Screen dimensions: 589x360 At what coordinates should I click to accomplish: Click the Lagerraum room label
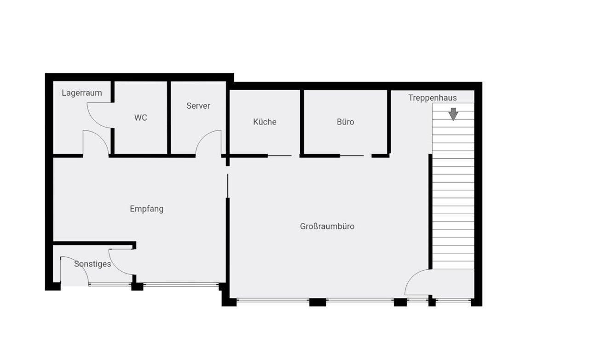(x=82, y=93)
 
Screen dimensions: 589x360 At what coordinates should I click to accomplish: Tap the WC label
(x=141, y=118)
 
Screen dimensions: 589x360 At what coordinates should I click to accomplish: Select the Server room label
(x=198, y=106)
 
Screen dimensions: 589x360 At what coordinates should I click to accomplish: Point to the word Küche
(x=265, y=122)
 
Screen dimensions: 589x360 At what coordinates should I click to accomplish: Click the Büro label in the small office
(x=346, y=122)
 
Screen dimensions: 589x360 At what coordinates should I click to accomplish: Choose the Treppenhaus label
(x=433, y=98)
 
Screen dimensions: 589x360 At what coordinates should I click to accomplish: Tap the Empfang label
(x=147, y=209)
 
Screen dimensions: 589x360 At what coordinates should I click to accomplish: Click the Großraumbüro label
(x=327, y=226)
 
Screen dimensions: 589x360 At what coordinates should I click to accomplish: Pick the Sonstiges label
(x=92, y=264)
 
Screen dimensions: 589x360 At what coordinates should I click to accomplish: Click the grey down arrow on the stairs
(x=453, y=114)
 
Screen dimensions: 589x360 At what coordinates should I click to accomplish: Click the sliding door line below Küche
(x=279, y=156)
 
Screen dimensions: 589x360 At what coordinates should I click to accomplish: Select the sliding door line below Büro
(x=352, y=156)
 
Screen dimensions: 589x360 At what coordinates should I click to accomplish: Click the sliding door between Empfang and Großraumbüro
(x=228, y=186)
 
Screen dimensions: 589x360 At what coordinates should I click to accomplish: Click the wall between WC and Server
(x=169, y=118)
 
